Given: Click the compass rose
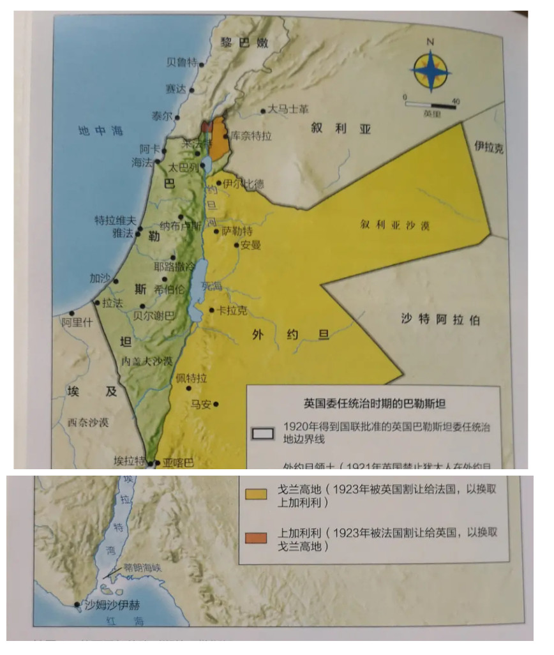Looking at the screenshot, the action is [430, 72].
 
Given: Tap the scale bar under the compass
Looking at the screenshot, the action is [431, 104].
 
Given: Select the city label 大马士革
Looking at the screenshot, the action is [288, 110].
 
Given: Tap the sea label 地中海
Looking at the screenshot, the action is [100, 131].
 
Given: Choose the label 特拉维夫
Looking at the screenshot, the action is [116, 220].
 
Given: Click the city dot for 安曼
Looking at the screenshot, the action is [237, 245].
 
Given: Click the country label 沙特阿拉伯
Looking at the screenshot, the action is [440, 320].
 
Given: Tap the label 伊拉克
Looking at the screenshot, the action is [488, 148].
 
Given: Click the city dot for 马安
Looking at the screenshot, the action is [217, 403].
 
